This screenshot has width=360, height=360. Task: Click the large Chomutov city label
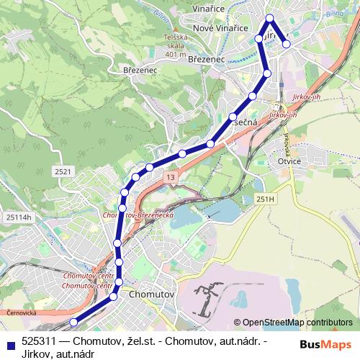click(x=150, y=294)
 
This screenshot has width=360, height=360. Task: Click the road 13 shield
click(x=169, y=176)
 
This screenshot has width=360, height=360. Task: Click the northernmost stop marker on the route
click(x=269, y=18)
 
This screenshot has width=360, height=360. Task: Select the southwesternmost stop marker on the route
click(x=73, y=322)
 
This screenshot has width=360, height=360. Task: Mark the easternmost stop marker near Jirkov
click(x=287, y=44)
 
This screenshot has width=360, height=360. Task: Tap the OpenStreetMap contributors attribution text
click(x=297, y=322)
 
